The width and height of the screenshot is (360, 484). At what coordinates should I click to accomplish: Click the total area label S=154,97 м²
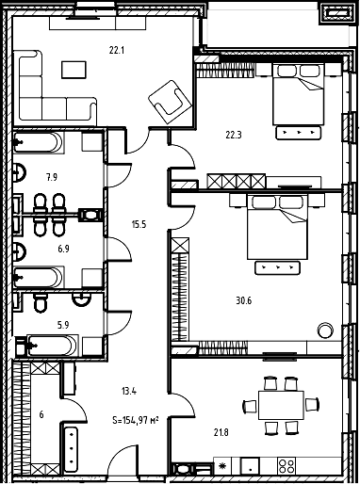pos(135,420)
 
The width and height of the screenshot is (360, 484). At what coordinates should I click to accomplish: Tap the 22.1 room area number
pos(117,50)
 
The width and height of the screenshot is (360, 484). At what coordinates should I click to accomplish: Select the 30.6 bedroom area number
pos(244,300)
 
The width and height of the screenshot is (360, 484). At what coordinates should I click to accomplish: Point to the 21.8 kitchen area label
pos(221,433)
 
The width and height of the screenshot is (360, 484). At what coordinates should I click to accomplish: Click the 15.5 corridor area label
pos(139,225)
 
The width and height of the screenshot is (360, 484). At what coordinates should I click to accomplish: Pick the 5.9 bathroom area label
pos(63,325)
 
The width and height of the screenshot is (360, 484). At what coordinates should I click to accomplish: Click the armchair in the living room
pos(170,102)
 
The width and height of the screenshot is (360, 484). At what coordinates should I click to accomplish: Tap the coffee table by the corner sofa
pos(74,70)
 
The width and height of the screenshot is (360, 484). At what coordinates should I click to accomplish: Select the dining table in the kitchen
pos(281,405)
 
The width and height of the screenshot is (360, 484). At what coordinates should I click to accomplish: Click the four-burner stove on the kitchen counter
pos(286,466)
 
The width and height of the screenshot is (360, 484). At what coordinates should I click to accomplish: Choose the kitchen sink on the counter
pos(250,466)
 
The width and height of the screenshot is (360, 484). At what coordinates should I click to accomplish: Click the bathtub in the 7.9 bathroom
pos(39,142)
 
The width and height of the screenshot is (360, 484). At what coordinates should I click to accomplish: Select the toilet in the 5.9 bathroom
pos(40,303)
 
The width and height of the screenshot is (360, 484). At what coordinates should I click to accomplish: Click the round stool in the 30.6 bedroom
pos(325,331)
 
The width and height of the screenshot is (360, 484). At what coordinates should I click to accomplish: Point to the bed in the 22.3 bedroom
pos(298,94)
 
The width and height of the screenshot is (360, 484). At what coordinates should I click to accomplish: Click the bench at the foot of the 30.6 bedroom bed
pos(277,267)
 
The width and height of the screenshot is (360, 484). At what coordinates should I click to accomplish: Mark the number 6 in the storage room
pos(41,414)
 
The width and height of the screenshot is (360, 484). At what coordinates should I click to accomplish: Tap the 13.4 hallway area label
pos(129,392)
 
